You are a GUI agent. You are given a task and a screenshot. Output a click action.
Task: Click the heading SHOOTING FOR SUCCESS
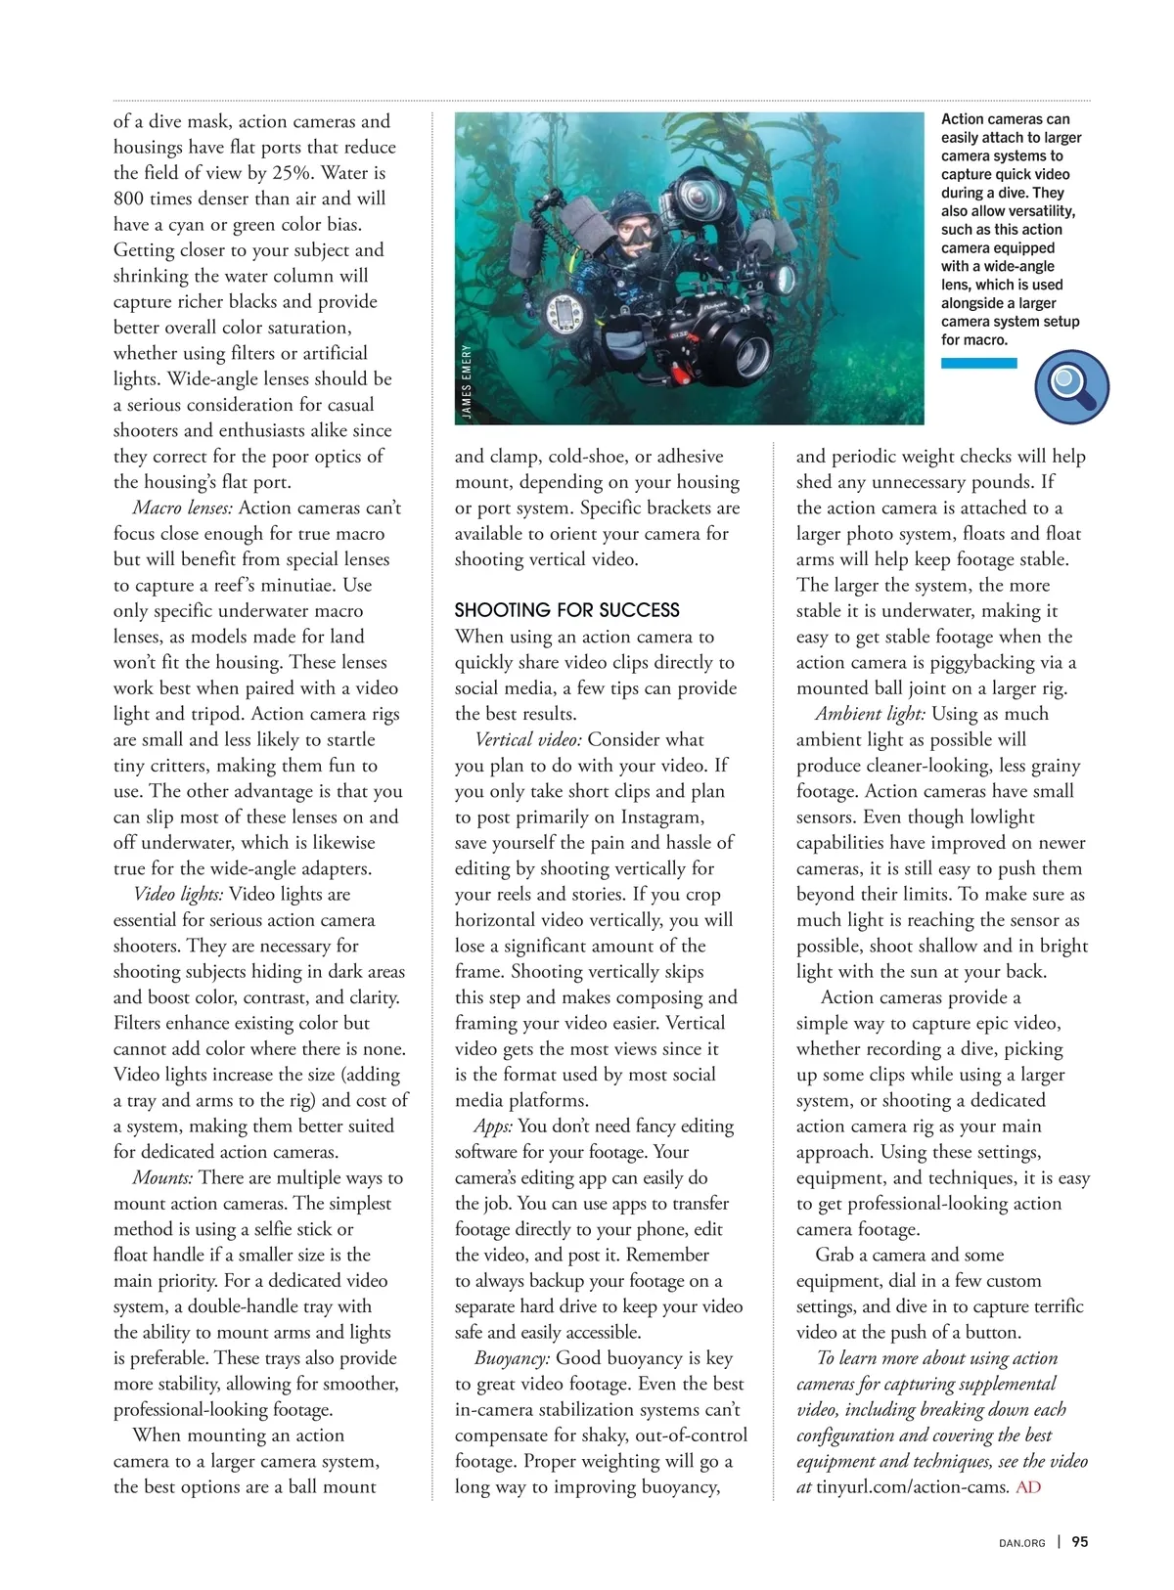[x=566, y=610]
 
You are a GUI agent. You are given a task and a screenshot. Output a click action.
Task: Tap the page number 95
[x=1080, y=1542]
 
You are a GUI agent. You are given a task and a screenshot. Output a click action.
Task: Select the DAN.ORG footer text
[x=1021, y=1543]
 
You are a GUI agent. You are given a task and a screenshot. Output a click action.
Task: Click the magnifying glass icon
[x=1071, y=386]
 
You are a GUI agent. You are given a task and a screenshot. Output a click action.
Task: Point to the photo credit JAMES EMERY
[x=467, y=381]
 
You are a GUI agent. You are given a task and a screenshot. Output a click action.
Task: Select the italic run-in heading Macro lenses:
[x=183, y=508]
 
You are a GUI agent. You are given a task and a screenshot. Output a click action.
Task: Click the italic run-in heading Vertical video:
[x=528, y=739]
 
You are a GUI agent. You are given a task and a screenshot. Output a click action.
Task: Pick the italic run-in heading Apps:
[x=493, y=1126]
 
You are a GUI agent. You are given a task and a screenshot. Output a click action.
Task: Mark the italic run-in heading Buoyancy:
[x=512, y=1357]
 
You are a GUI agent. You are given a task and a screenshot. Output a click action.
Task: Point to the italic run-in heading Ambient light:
[x=870, y=714]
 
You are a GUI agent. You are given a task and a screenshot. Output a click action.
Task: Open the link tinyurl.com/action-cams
[x=911, y=1487]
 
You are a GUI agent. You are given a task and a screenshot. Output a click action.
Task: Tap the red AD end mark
[x=1028, y=1487]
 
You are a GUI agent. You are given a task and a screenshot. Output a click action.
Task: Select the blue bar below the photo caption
[x=978, y=363]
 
